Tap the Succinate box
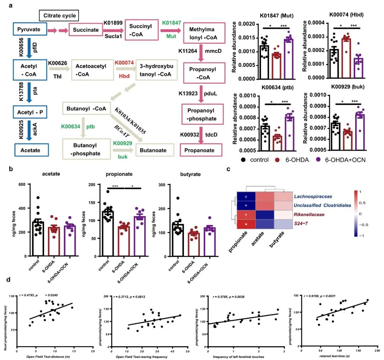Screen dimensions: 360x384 tap(86, 30)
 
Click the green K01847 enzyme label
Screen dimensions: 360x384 tap(171, 23)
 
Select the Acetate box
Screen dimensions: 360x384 tap(30, 150)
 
